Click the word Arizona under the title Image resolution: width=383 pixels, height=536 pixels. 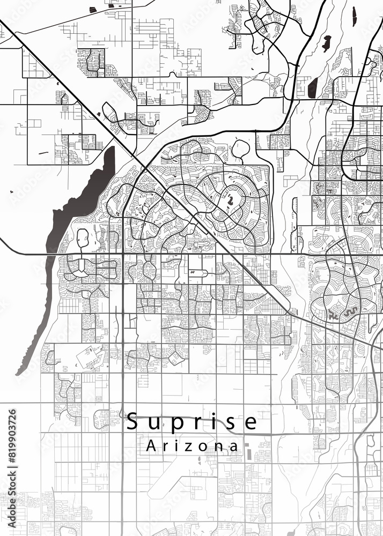[x=193, y=446]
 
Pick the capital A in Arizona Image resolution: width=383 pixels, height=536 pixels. [x=151, y=446]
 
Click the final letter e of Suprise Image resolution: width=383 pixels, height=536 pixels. [x=251, y=422]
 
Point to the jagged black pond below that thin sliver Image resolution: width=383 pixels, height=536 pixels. [x=326, y=42]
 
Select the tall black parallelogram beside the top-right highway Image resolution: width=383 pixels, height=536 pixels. [x=314, y=86]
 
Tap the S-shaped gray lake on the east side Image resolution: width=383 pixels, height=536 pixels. [x=351, y=311]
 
